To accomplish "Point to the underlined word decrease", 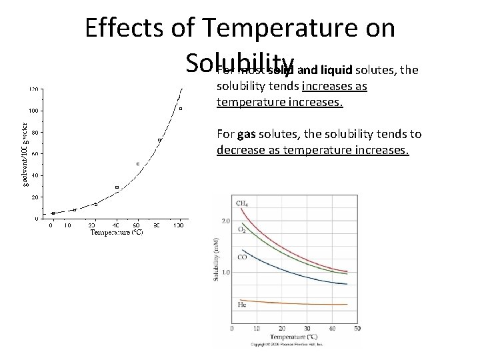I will click(x=241, y=150).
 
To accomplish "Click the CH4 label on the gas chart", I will click(x=243, y=203).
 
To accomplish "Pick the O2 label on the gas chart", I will click(x=242, y=231).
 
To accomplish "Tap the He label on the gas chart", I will click(x=241, y=305).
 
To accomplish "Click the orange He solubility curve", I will click(x=300, y=303).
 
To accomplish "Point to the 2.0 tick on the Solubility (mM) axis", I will click(x=225, y=221).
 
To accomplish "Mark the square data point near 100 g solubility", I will click(x=181, y=109).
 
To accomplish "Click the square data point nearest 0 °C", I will click(x=53, y=213).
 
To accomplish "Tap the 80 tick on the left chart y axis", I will click(x=34, y=132).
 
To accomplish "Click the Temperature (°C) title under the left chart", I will click(x=116, y=232).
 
